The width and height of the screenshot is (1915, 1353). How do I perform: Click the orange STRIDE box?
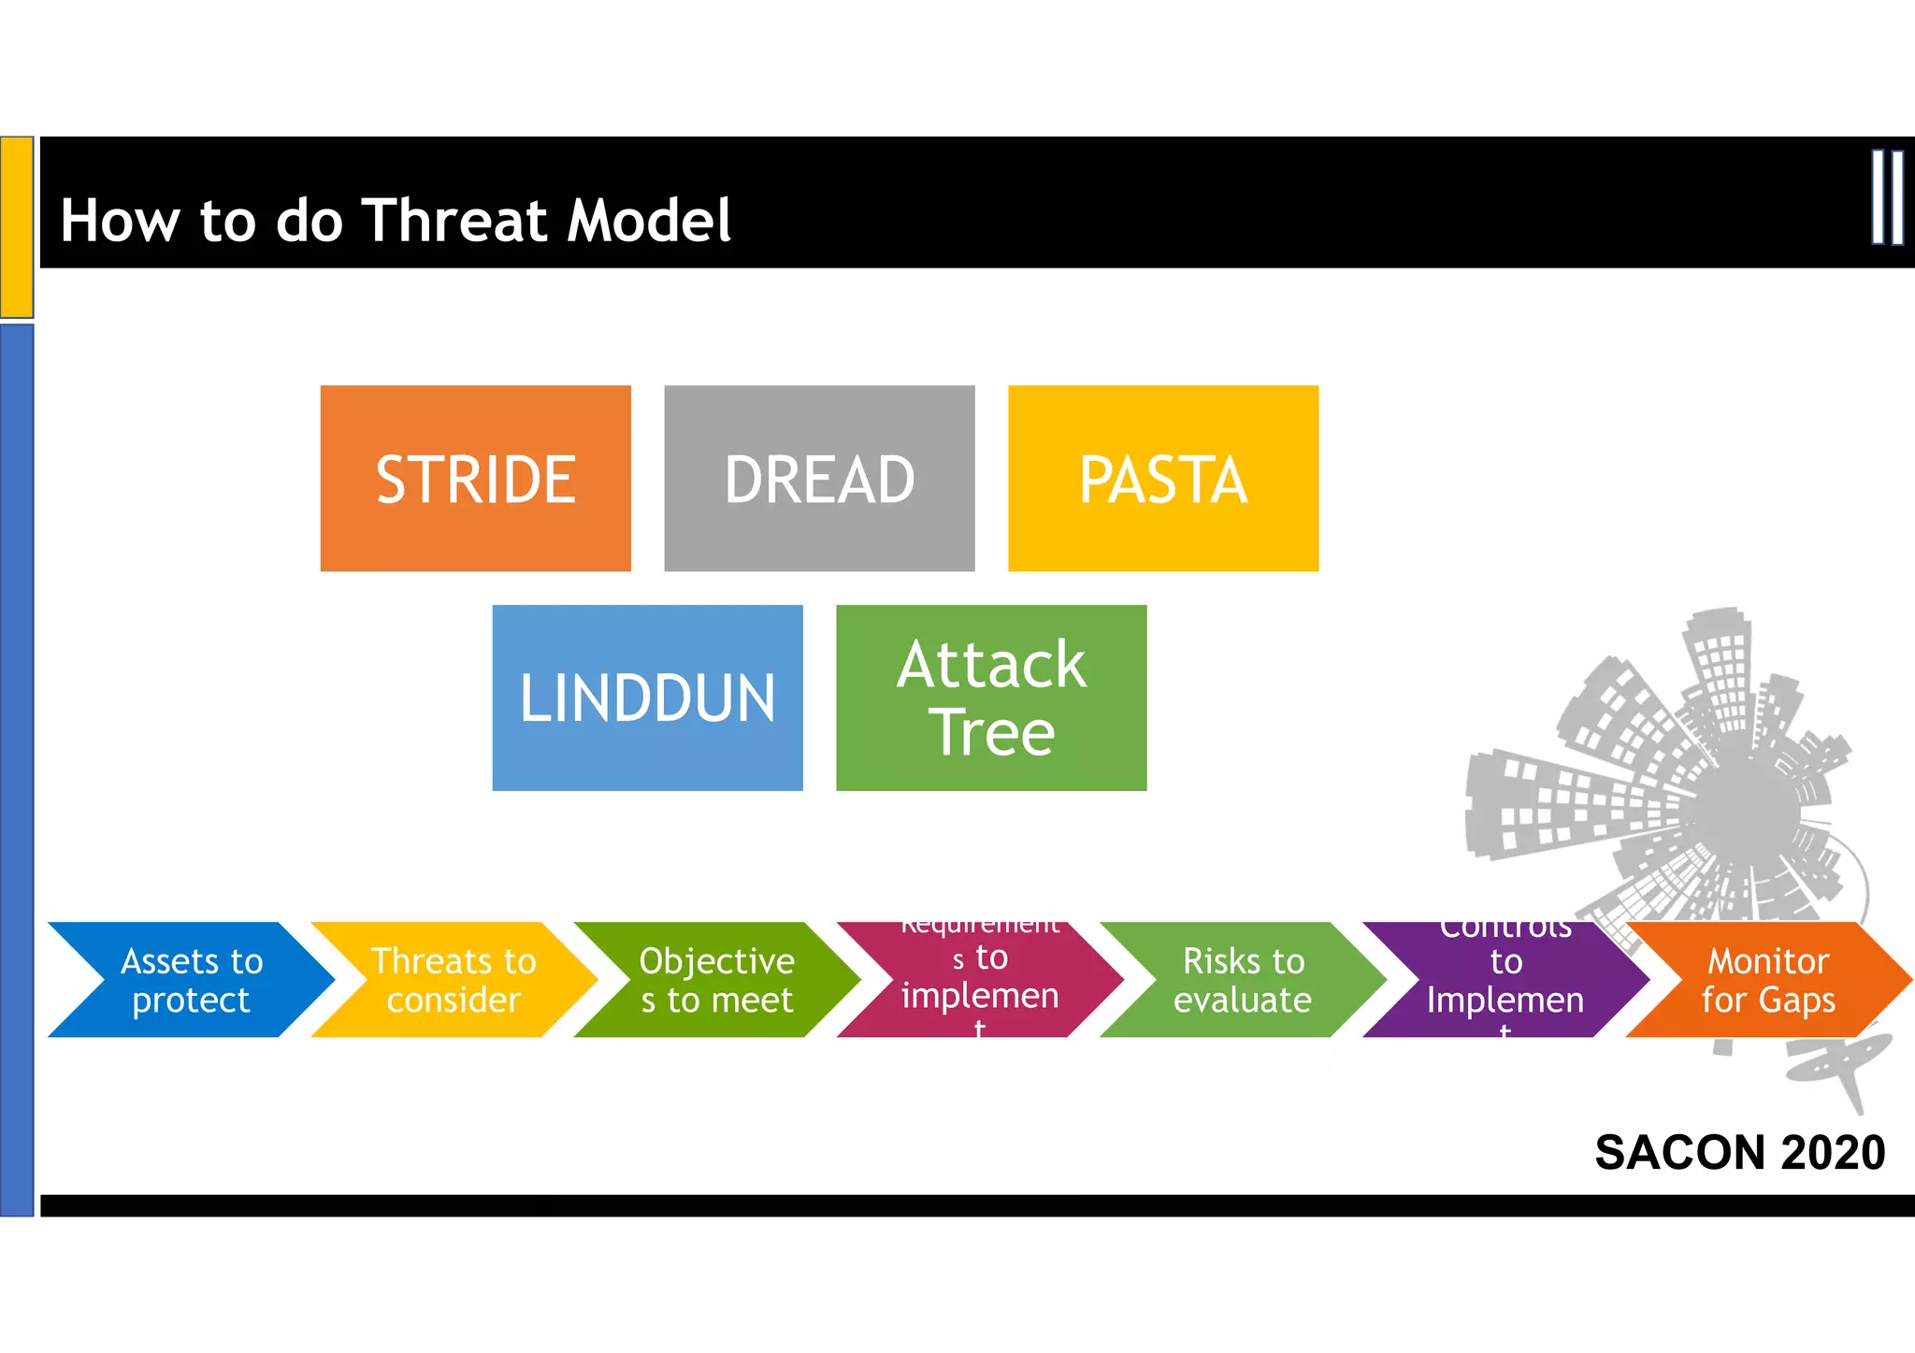click(475, 478)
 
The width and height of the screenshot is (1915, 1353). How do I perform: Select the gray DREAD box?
click(819, 478)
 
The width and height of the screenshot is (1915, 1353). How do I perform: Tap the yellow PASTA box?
click(1162, 478)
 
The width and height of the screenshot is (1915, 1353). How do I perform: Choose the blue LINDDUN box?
click(647, 698)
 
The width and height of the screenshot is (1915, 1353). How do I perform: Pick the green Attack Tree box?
click(991, 698)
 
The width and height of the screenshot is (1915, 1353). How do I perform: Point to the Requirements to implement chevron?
click(980, 980)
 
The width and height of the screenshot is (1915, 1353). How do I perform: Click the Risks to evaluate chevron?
click(1243, 980)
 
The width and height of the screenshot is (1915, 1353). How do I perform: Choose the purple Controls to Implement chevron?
click(1505, 980)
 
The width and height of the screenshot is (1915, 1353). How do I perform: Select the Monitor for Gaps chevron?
click(1768, 980)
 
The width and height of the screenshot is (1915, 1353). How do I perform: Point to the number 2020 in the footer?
click(1833, 1152)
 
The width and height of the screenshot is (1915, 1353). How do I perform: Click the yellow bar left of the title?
click(17, 227)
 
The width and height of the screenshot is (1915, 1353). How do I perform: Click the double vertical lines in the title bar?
click(1887, 197)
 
